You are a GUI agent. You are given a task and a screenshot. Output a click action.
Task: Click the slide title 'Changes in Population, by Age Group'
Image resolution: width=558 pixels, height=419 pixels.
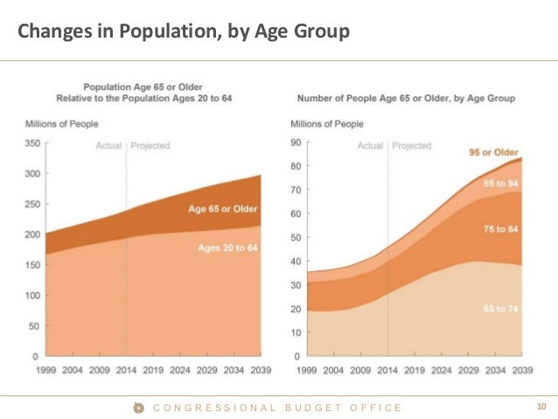[x=185, y=32]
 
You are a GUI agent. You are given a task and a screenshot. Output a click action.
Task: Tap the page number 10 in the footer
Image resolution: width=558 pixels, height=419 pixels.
[x=541, y=407]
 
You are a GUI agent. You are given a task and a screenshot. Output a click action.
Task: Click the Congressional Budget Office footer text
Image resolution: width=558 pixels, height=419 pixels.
[x=277, y=408]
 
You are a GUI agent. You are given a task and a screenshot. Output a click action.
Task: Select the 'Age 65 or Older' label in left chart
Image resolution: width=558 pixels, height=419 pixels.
[x=223, y=209]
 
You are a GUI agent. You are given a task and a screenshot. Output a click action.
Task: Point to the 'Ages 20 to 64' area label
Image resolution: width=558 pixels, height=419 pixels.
[x=226, y=248]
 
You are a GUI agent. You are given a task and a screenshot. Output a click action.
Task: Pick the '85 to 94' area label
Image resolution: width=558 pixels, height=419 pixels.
[x=501, y=183]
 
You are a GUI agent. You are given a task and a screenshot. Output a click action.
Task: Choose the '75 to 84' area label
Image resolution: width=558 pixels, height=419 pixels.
[x=501, y=228]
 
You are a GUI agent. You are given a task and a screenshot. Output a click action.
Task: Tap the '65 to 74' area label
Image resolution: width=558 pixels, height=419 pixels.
[x=501, y=310]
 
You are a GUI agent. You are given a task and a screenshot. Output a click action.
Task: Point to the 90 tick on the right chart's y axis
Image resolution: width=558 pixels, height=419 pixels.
[x=295, y=143]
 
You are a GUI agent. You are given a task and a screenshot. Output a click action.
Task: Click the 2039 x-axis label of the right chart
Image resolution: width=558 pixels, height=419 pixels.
[x=523, y=370]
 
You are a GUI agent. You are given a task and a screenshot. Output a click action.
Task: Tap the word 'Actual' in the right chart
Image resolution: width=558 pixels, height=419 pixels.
[x=370, y=145]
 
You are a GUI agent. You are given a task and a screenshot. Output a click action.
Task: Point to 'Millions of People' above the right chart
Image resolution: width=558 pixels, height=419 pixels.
[x=326, y=123]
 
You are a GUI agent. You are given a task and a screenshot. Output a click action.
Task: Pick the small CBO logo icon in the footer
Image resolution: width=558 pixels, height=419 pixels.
[x=138, y=408]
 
